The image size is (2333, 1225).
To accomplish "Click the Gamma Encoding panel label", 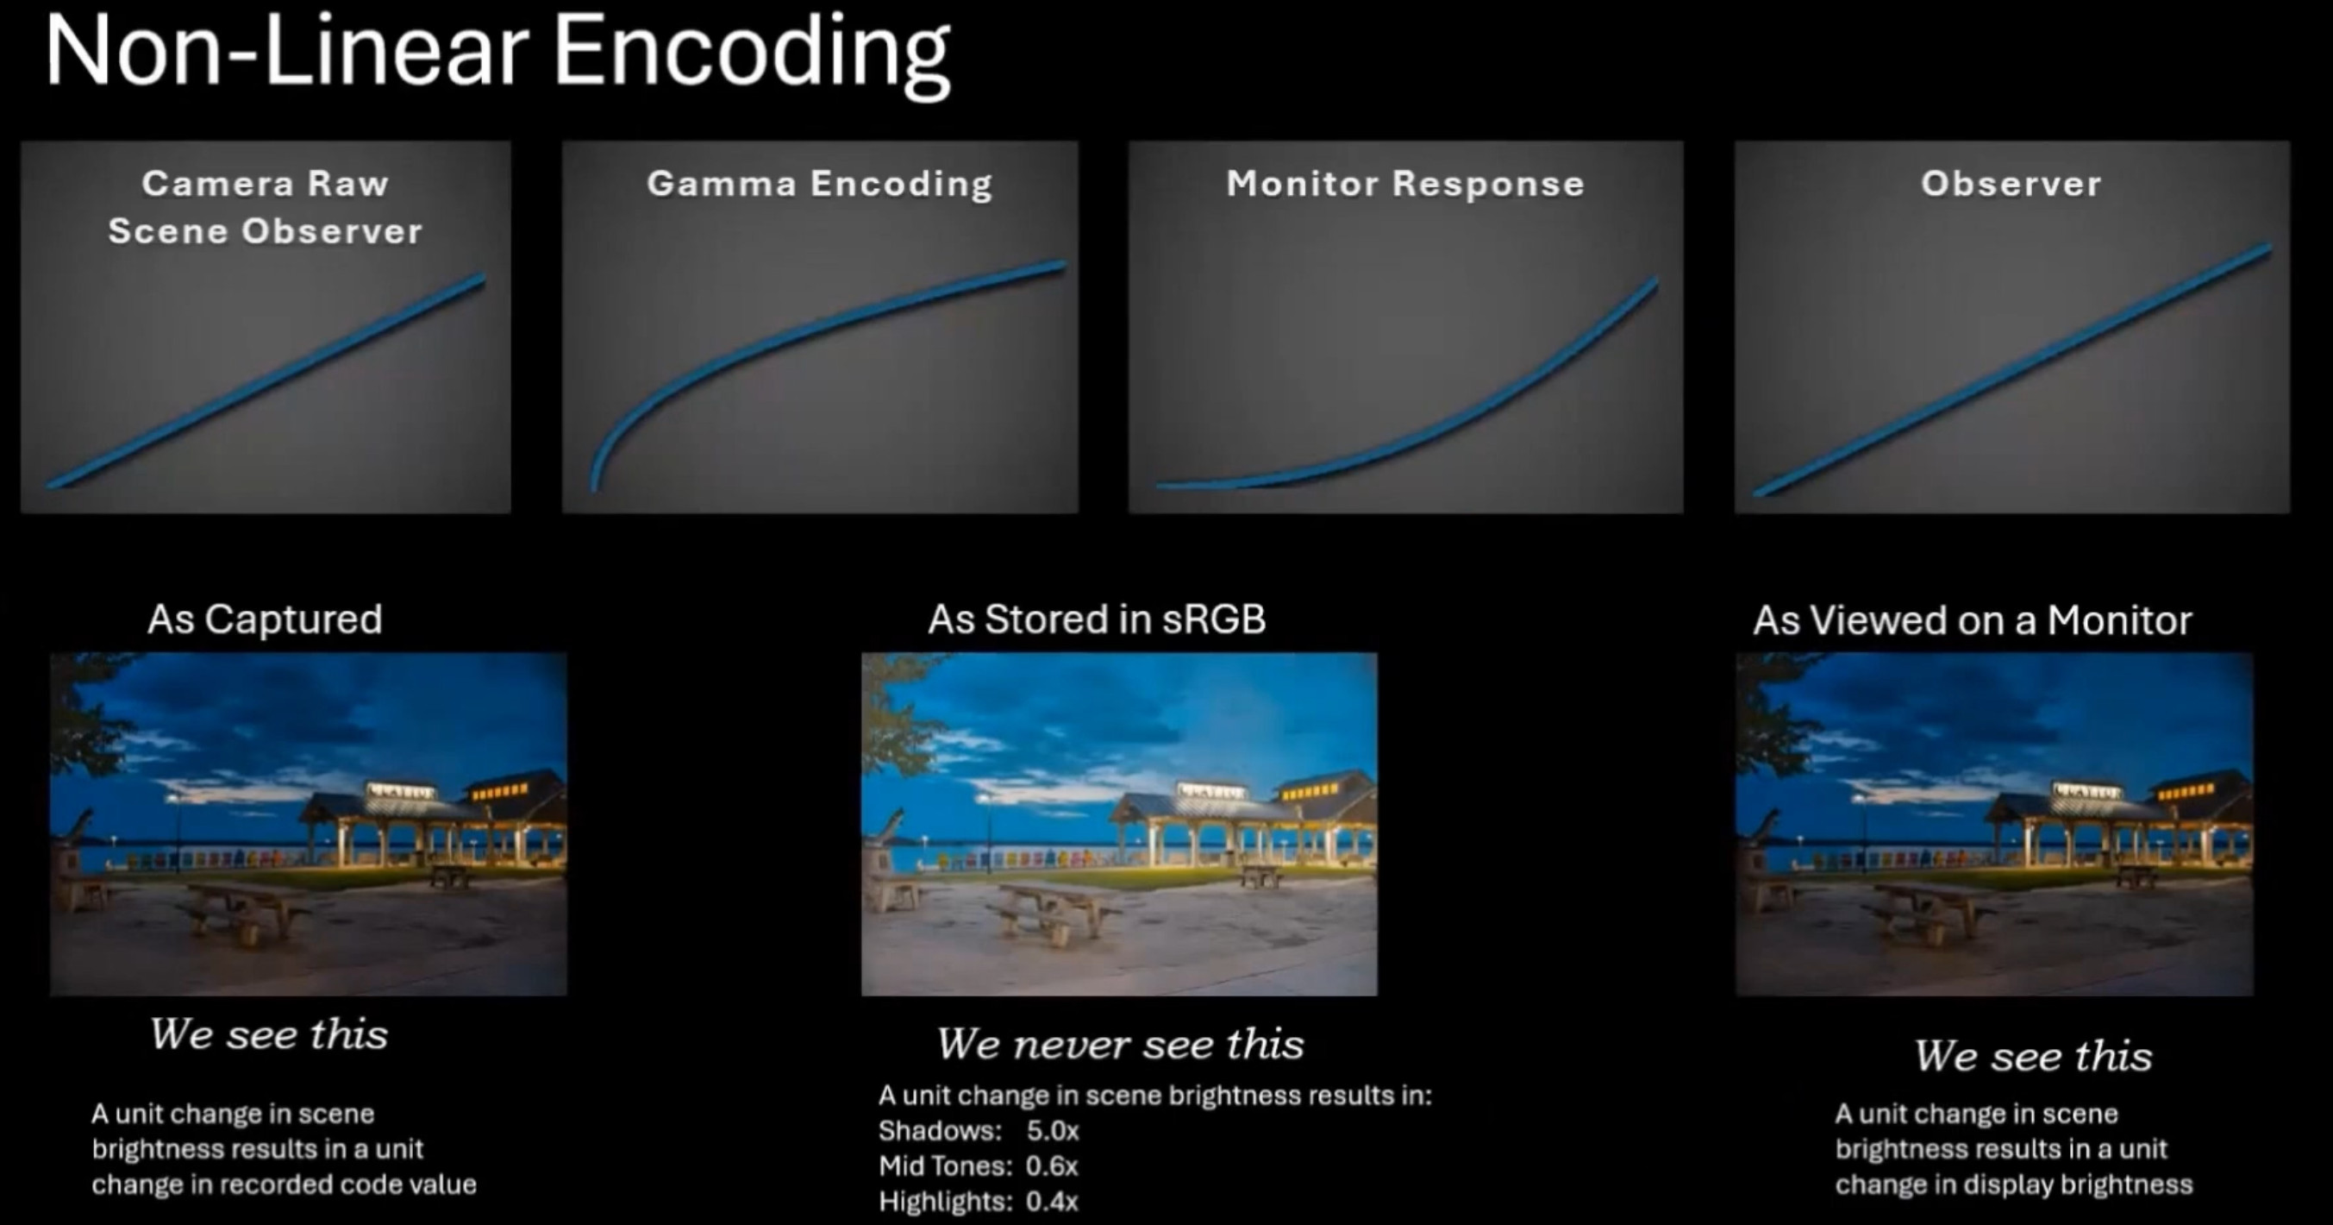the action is [820, 184].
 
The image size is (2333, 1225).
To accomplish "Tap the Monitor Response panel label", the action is [1404, 184].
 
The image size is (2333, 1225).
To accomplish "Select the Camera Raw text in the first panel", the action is [266, 184].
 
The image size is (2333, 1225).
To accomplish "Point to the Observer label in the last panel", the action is [2011, 184].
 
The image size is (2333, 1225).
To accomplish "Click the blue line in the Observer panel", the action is [2012, 370].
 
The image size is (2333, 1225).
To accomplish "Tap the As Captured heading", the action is [265, 619].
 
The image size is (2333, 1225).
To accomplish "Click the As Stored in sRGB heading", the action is [1097, 619].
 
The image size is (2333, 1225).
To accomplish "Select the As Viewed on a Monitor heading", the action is [1972, 620].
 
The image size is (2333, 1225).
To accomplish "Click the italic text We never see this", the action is [1120, 1045].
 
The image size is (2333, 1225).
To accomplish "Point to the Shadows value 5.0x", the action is [1053, 1131].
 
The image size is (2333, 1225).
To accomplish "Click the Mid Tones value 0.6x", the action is [1052, 1166].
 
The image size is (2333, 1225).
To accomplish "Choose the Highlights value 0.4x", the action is [1052, 1202].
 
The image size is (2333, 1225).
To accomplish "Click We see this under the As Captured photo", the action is [269, 1034].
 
